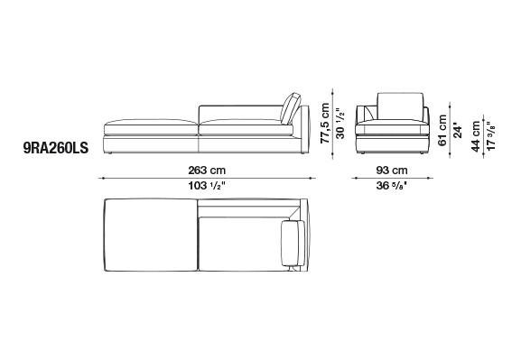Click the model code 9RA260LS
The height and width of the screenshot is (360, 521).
[56, 148]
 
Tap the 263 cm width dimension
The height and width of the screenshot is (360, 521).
[207, 171]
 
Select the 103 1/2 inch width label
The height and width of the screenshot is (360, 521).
[207, 186]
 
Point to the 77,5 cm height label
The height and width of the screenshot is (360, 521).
[325, 123]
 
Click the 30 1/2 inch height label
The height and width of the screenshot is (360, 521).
[340, 123]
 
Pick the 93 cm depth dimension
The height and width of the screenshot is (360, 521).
[392, 171]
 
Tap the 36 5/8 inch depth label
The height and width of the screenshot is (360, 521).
[392, 186]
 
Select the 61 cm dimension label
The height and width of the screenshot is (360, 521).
[442, 130]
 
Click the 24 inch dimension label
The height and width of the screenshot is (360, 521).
[458, 131]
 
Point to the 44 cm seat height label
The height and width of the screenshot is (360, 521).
[476, 136]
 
